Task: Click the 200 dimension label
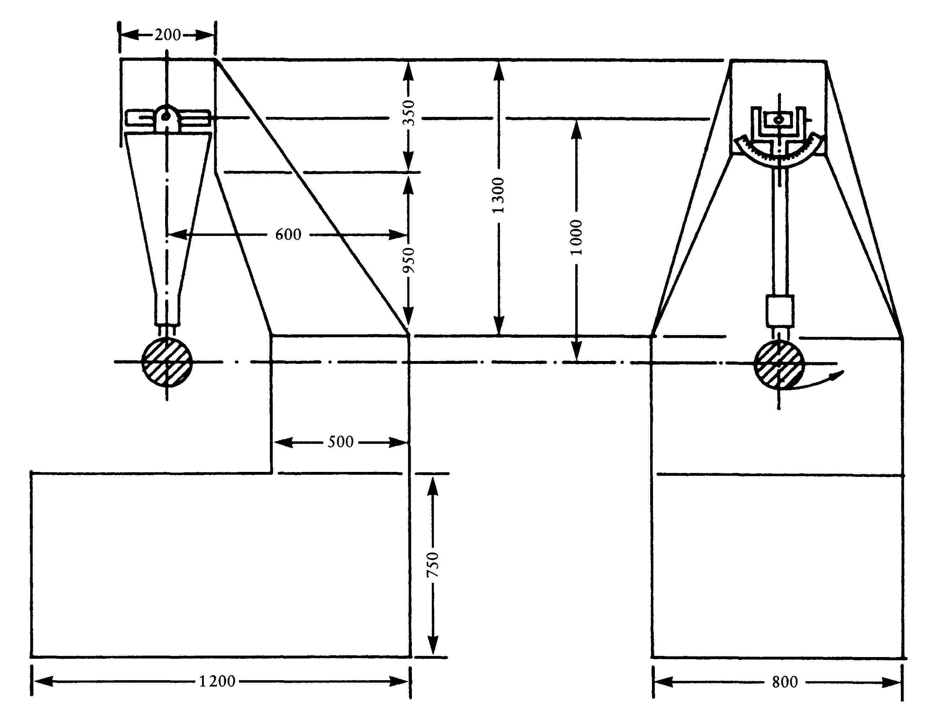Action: coord(167,35)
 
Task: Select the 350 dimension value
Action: coord(409,113)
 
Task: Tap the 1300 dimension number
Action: coord(499,195)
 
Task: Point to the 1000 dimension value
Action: coord(576,237)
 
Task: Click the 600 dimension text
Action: coord(288,235)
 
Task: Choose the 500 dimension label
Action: coord(341,442)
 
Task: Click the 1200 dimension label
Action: coord(217,682)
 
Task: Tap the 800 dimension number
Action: coord(785,682)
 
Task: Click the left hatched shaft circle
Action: coord(167,362)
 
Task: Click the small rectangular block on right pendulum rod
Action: coord(780,311)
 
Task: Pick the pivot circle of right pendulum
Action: coord(779,120)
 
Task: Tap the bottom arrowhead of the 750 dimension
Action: coord(432,646)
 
